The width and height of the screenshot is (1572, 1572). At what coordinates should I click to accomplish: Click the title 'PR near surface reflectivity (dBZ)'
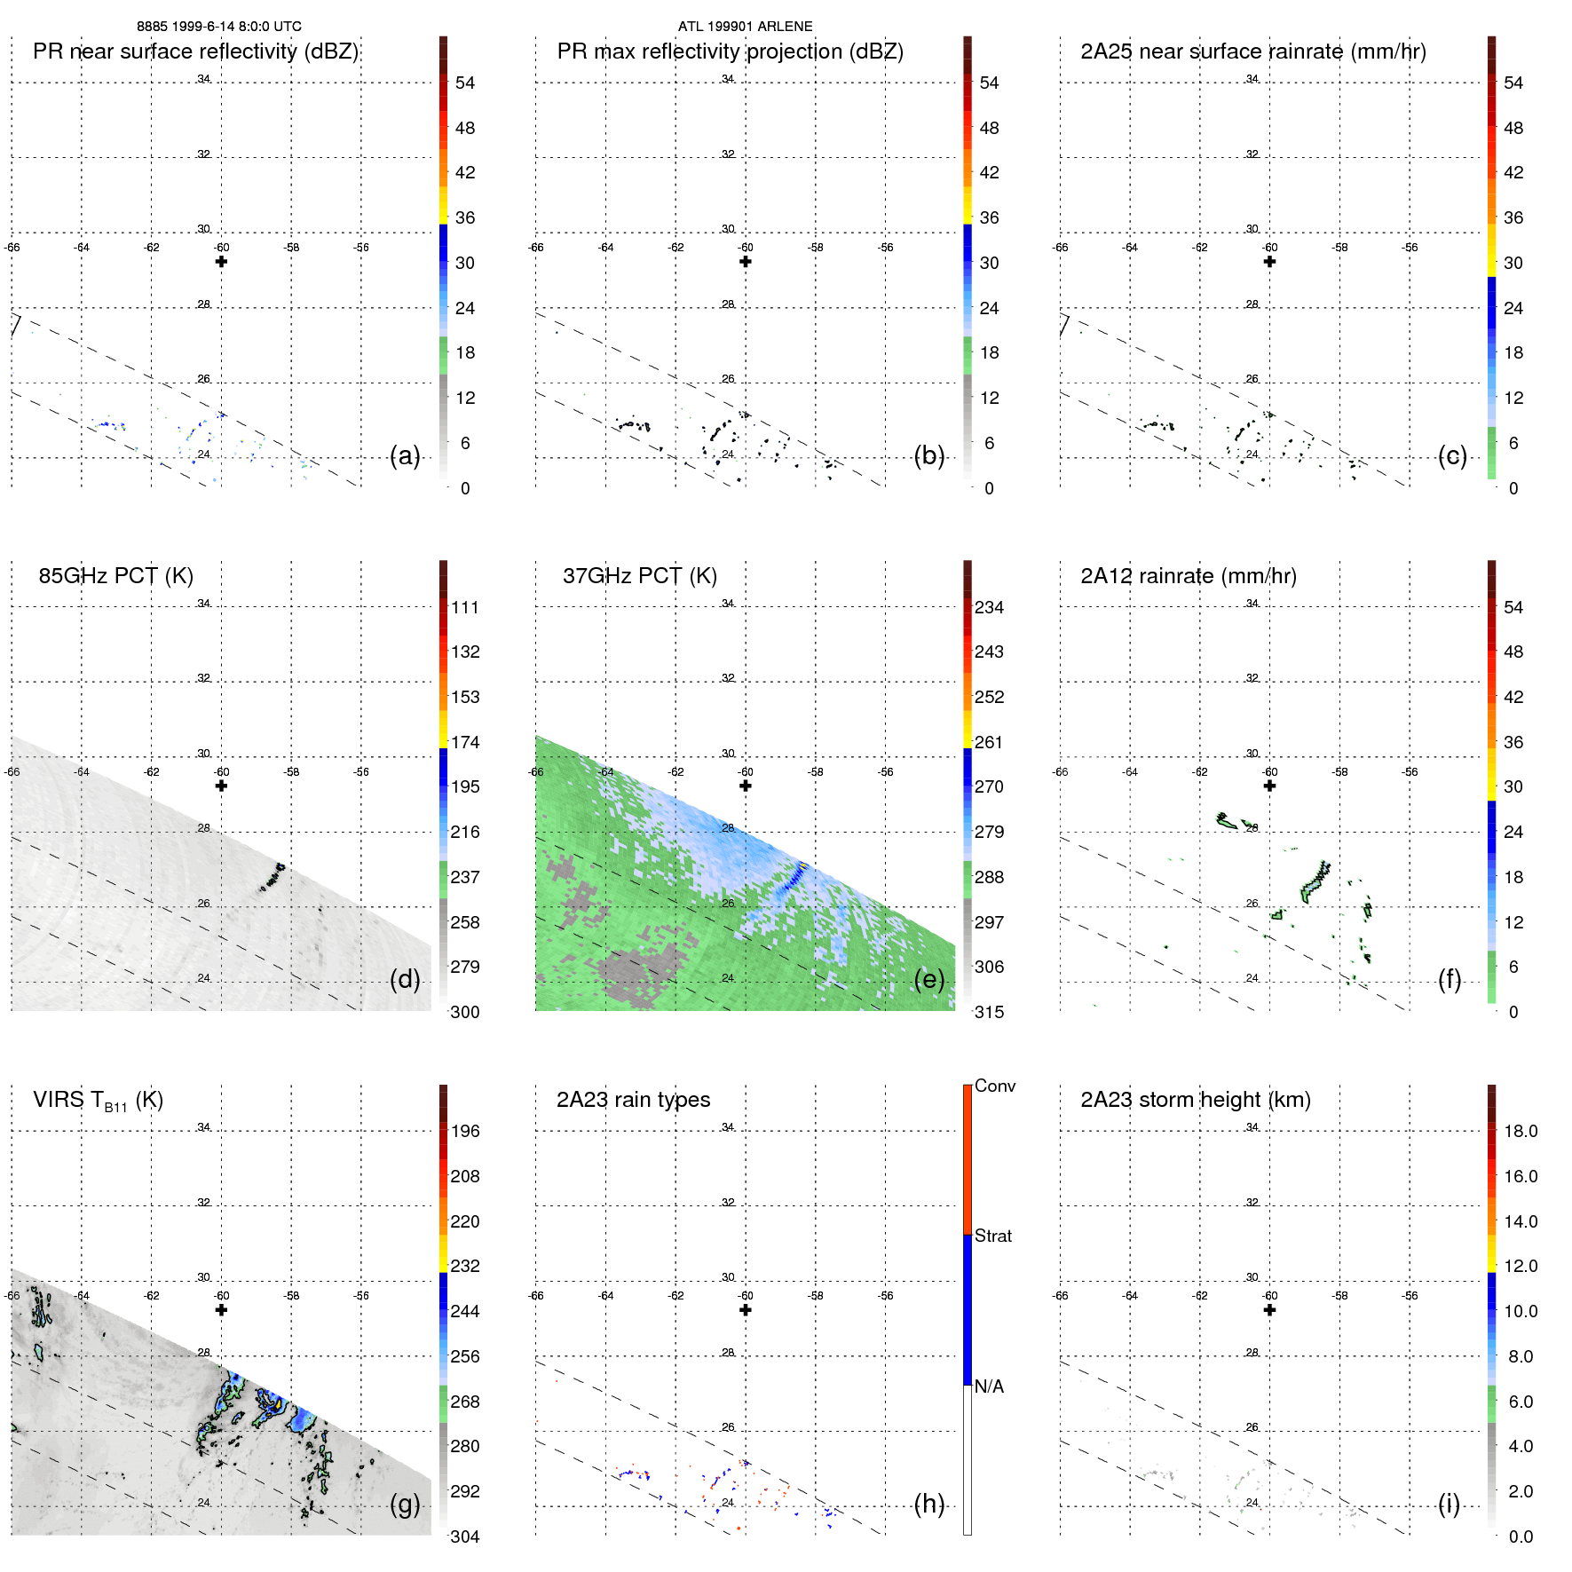[x=195, y=51]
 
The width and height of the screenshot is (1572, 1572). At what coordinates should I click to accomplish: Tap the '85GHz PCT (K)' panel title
[x=115, y=576]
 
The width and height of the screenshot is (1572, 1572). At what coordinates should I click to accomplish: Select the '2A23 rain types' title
[x=633, y=1100]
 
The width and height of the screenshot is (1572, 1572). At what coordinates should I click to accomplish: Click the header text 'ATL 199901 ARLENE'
[x=745, y=27]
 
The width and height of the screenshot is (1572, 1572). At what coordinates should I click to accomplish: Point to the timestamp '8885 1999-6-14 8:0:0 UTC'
[x=219, y=27]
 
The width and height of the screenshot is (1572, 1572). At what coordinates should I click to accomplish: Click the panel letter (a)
[x=405, y=456]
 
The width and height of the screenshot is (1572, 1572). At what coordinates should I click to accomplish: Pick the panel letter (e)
[x=928, y=980]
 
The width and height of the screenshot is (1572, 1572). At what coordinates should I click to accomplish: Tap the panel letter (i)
[x=1449, y=1504]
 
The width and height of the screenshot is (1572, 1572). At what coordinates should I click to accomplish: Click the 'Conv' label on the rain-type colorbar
[x=995, y=1086]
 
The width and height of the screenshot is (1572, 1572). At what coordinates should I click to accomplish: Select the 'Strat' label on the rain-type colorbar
[x=993, y=1236]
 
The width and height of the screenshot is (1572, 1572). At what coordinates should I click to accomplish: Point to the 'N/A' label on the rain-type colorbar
[x=989, y=1386]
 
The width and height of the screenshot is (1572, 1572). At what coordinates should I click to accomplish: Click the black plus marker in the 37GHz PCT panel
[x=746, y=786]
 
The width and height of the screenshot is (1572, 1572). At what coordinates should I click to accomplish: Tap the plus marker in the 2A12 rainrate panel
[x=1269, y=786]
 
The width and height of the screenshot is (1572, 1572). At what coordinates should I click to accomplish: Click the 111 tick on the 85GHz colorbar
[x=465, y=607]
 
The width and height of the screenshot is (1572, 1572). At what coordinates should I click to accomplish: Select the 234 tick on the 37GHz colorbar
[x=989, y=607]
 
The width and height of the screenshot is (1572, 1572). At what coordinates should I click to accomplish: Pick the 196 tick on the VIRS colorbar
[x=465, y=1131]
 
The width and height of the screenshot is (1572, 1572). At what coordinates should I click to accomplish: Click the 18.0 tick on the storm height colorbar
[x=1521, y=1131]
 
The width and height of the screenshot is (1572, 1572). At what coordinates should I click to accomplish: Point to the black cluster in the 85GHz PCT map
[x=273, y=878]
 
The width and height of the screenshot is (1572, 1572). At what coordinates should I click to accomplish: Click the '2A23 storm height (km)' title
[x=1195, y=1100]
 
